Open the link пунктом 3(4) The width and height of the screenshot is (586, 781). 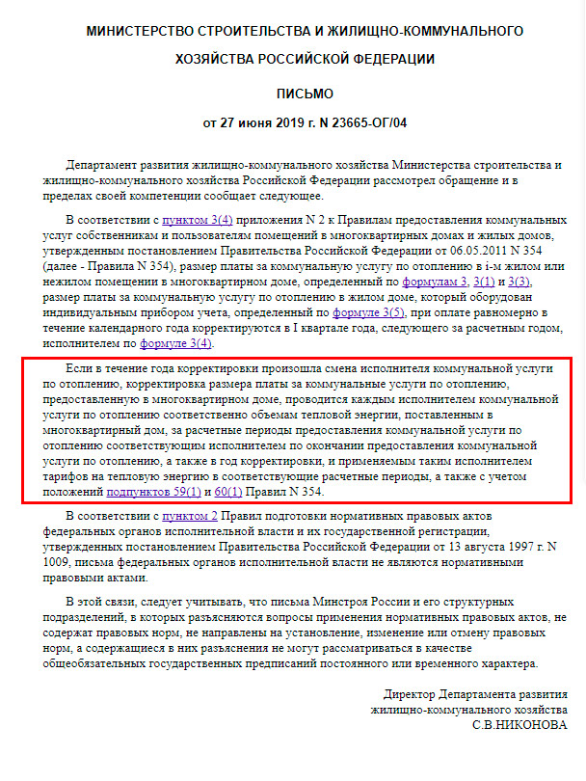click(x=198, y=220)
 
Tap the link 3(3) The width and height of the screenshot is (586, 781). click(x=521, y=281)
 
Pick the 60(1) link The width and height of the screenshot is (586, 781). click(x=226, y=492)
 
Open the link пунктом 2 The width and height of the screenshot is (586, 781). click(x=191, y=518)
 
